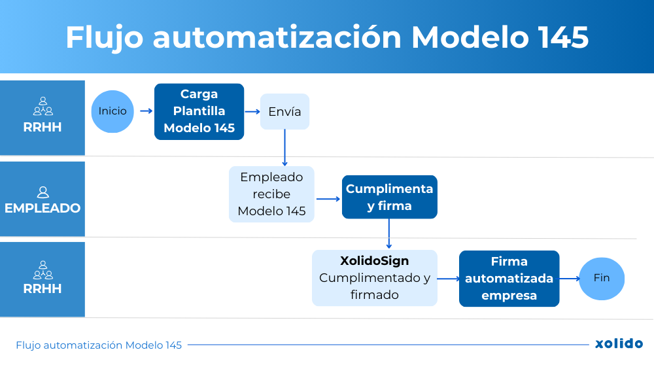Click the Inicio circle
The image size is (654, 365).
pos(112,111)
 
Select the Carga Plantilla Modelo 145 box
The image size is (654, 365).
pos(199,111)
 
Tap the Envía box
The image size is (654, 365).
pos(284,111)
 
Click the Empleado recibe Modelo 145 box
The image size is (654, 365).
pos(271,194)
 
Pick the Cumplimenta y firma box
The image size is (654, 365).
pos(389,197)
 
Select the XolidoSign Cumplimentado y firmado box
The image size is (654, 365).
pos(374,278)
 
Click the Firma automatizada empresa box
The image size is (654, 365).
pos(509,279)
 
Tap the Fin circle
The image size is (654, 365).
pos(602,278)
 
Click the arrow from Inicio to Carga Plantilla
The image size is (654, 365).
pos(146,111)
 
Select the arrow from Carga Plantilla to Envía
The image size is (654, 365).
pos(252,111)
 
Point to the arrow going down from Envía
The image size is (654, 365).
pos(284,147)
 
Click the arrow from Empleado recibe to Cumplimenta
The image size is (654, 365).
pos(327,198)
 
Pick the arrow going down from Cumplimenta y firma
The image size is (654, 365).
pos(389,234)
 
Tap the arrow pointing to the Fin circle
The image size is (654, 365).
pos(570,278)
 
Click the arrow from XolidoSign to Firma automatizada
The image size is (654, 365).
pos(448,279)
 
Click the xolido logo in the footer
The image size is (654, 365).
pos(619,344)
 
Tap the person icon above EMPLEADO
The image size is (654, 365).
pos(43,192)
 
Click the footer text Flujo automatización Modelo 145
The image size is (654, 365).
pos(99,345)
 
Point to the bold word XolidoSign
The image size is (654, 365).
pos(374,261)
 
